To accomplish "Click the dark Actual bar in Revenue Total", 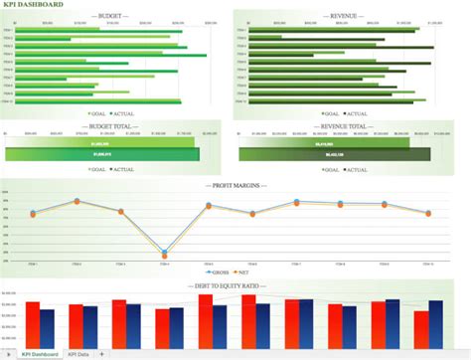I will tap(334, 154).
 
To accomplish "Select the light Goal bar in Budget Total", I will tap(99, 143).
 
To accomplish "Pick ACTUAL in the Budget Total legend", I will tap(124, 169).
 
